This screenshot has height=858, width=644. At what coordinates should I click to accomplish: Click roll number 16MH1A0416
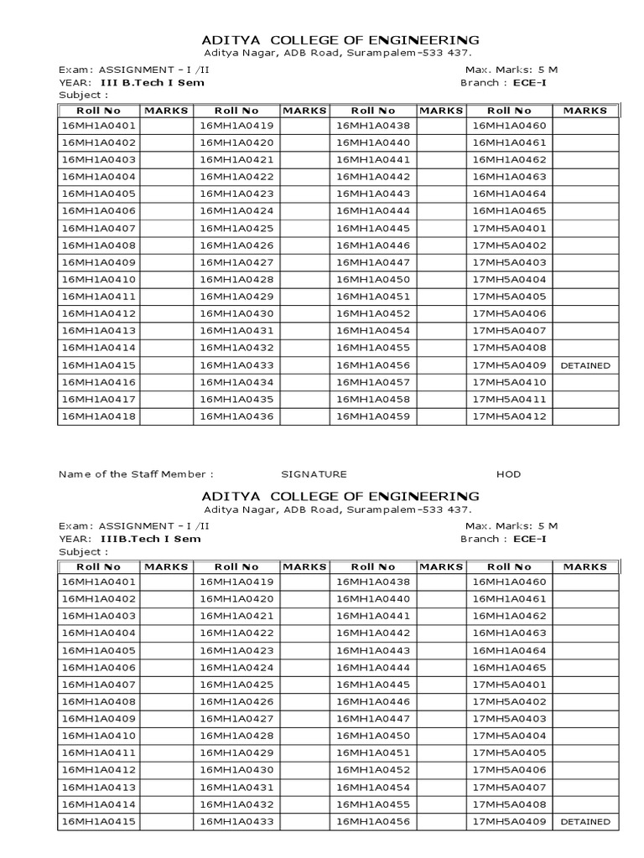click(x=99, y=382)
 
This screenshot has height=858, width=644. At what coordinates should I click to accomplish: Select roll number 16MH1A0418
click(x=99, y=416)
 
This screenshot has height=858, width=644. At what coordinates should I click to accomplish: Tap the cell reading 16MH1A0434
click(x=237, y=382)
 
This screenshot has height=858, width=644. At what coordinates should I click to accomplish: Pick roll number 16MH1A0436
click(x=237, y=416)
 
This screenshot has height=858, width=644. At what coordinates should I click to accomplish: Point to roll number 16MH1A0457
click(x=373, y=382)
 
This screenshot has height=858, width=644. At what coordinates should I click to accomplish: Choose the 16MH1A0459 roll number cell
click(x=373, y=416)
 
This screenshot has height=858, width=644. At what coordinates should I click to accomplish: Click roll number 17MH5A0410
click(x=509, y=382)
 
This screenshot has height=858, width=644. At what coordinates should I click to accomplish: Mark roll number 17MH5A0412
click(x=509, y=416)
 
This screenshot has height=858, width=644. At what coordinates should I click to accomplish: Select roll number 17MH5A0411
click(x=509, y=400)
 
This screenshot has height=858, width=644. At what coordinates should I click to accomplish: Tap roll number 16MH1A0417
click(x=99, y=400)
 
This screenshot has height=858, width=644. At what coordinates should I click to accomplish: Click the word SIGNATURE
click(x=313, y=474)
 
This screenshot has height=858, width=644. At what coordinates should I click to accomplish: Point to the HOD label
click(x=508, y=474)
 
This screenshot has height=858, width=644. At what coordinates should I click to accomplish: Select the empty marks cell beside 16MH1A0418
click(x=168, y=416)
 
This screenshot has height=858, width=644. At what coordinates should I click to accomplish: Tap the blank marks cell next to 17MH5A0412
click(x=585, y=416)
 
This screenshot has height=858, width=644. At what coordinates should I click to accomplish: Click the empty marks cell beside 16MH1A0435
click(x=304, y=400)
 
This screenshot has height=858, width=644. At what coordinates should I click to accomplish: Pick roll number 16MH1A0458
click(x=373, y=400)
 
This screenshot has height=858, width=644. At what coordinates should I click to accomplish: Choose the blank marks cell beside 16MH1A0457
click(x=441, y=382)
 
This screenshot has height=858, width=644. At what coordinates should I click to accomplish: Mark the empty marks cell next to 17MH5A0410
click(x=585, y=382)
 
